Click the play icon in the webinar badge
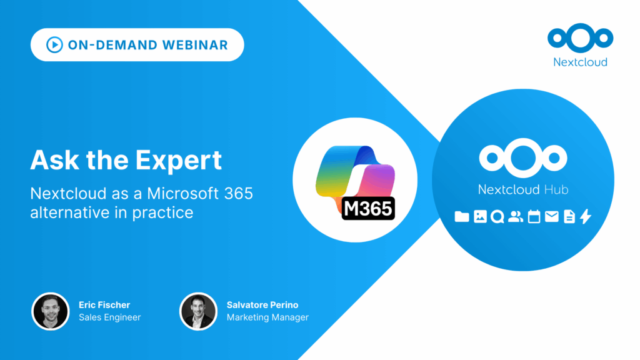click(54, 44)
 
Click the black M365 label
click(368, 208)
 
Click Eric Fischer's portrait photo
click(50, 311)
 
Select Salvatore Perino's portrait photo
click(198, 311)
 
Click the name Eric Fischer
click(104, 305)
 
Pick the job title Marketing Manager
click(267, 317)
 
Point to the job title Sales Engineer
click(109, 317)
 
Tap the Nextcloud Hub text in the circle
click(523, 189)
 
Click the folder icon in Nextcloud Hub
click(462, 217)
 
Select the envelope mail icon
click(551, 217)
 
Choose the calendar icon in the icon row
click(534, 217)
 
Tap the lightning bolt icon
click(586, 217)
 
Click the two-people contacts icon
click(516, 217)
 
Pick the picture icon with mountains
click(480, 217)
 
